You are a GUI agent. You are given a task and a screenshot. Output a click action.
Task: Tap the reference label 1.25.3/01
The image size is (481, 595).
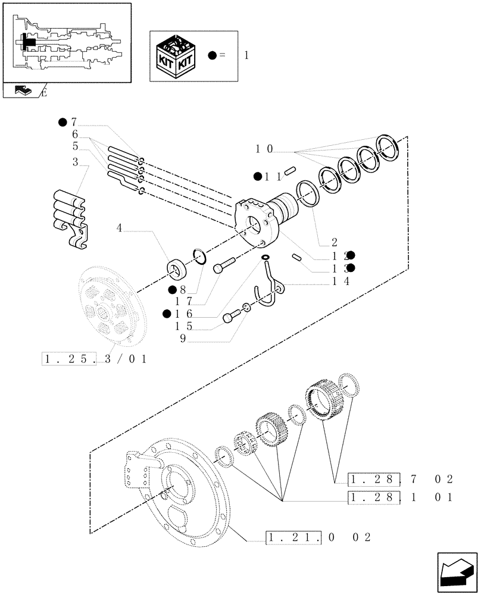click(95, 359)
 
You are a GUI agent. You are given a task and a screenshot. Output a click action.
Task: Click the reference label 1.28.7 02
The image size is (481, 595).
click(402, 479)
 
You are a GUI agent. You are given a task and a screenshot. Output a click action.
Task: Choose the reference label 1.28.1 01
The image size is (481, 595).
click(402, 497)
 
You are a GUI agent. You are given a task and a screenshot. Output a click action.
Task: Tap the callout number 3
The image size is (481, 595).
click(76, 162)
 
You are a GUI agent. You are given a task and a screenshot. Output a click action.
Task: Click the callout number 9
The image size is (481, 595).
click(183, 338)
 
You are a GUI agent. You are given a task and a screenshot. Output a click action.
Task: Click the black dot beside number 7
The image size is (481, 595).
click(63, 123)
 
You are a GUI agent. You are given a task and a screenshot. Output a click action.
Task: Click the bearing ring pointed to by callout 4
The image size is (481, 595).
click(178, 268)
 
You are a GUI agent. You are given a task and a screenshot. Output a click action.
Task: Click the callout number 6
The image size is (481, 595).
click(75, 134)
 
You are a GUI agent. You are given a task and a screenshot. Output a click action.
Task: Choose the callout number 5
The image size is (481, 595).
click(75, 146)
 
